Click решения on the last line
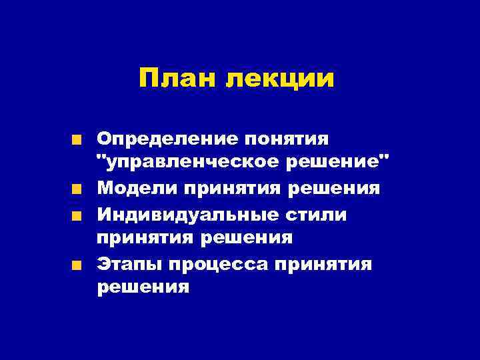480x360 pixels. click(143, 288)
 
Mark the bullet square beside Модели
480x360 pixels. click(78, 189)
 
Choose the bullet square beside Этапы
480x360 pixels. click(78, 265)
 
